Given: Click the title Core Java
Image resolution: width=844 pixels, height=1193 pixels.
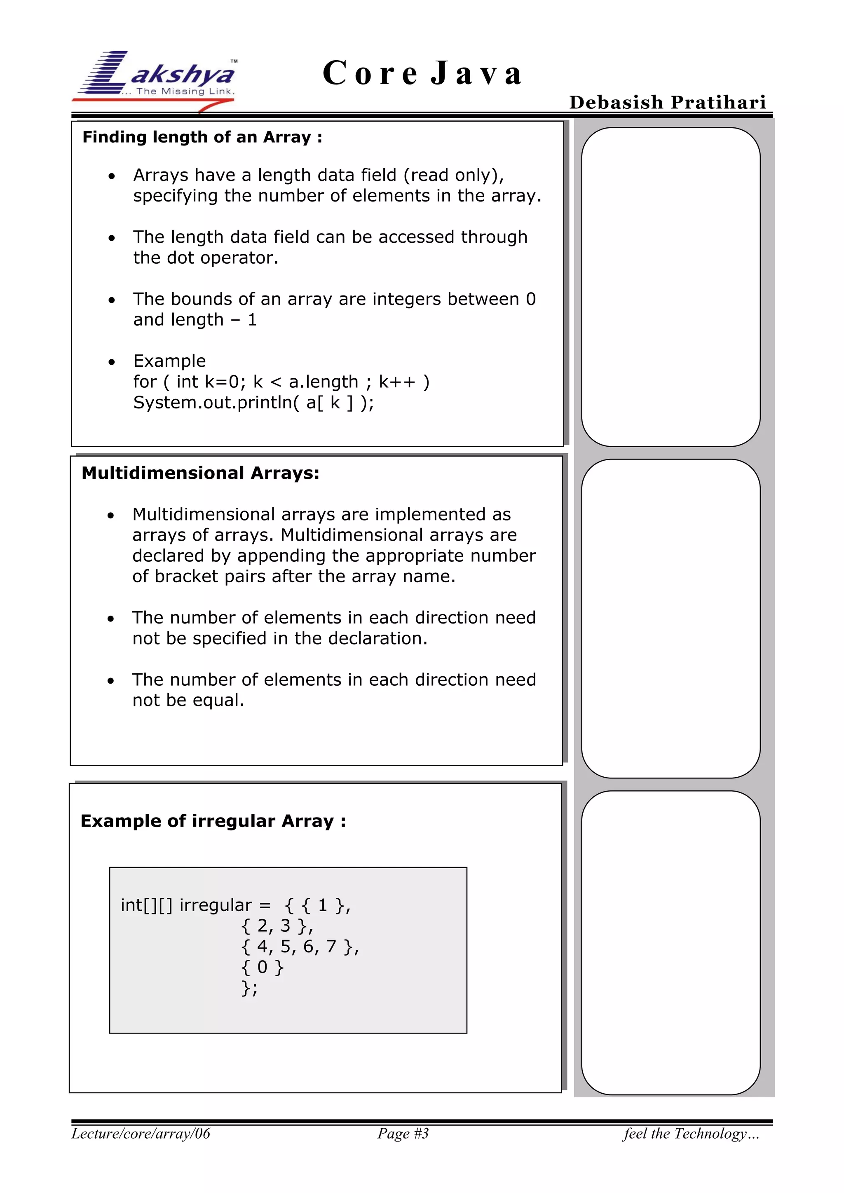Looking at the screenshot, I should pyautogui.click(x=422, y=73).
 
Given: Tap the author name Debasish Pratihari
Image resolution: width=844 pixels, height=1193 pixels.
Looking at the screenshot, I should pyautogui.click(x=667, y=102).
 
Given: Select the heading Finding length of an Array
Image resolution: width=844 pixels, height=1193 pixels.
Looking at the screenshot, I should pyautogui.click(x=202, y=137).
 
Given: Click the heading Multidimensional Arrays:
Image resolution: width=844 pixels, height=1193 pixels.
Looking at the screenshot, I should pyautogui.click(x=200, y=473).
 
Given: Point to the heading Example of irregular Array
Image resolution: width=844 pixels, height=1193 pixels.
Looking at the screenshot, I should pyautogui.click(x=213, y=821).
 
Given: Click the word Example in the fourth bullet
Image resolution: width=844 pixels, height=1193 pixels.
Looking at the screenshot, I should pyautogui.click(x=169, y=361).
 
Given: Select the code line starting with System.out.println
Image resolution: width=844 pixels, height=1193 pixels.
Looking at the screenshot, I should pyautogui.click(x=253, y=402).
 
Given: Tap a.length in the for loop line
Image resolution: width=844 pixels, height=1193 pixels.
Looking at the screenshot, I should pyautogui.click(x=323, y=382).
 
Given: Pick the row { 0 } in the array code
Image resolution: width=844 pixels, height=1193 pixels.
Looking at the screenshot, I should pyautogui.click(x=263, y=967).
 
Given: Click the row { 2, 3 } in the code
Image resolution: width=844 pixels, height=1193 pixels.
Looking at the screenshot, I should pyautogui.click(x=277, y=926).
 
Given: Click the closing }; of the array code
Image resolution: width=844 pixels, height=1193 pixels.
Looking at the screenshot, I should pyautogui.click(x=249, y=988).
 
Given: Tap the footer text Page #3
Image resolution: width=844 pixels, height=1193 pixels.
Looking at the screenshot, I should pyautogui.click(x=403, y=1133).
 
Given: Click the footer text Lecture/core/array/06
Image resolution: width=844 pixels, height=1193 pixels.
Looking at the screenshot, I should pyautogui.click(x=141, y=1133).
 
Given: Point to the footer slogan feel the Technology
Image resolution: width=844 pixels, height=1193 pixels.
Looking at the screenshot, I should pyautogui.click(x=691, y=1133).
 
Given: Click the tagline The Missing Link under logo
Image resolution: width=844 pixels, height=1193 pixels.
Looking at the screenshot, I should pyautogui.click(x=185, y=91).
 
